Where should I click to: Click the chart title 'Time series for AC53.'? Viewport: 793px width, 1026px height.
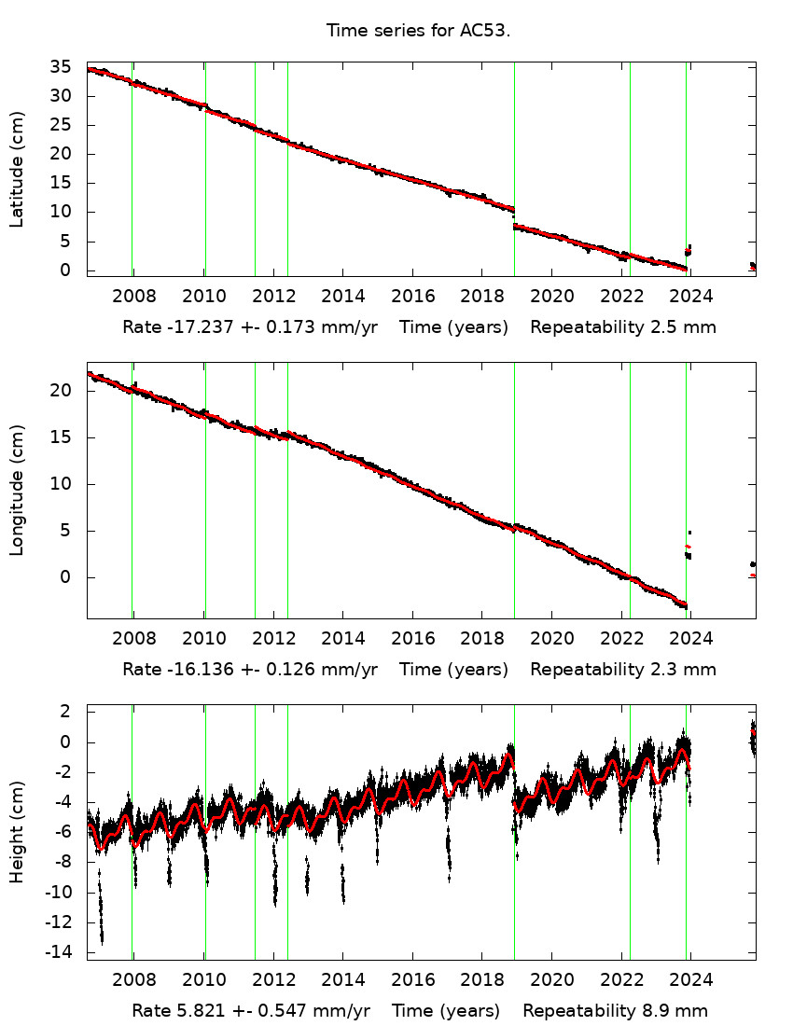(419, 31)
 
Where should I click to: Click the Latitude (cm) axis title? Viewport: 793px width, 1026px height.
(17, 169)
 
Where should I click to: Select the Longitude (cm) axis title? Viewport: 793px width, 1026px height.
(17, 490)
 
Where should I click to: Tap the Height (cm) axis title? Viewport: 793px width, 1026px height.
(17, 832)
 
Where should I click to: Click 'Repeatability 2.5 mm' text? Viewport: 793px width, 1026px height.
(623, 327)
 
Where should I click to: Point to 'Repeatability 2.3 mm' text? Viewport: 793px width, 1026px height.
(623, 669)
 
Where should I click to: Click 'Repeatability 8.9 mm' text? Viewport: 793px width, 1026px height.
(616, 1011)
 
